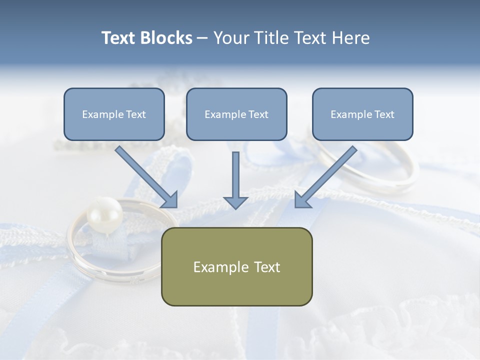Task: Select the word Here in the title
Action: [x=351, y=38]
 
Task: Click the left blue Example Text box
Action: [x=114, y=114]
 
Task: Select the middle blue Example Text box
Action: [x=236, y=114]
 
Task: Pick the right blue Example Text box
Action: [x=363, y=114]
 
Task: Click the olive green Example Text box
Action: [x=237, y=266]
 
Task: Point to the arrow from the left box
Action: [x=146, y=177]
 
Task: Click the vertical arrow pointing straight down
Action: [x=235, y=180]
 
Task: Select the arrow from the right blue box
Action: [x=325, y=177]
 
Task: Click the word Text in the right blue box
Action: [x=384, y=114]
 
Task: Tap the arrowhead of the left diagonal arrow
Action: [x=170, y=200]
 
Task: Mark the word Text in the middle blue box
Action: [x=258, y=114]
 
